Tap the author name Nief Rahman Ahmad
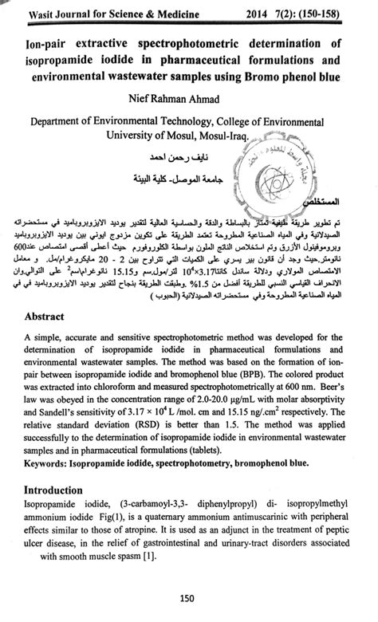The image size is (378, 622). pos(188,100)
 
